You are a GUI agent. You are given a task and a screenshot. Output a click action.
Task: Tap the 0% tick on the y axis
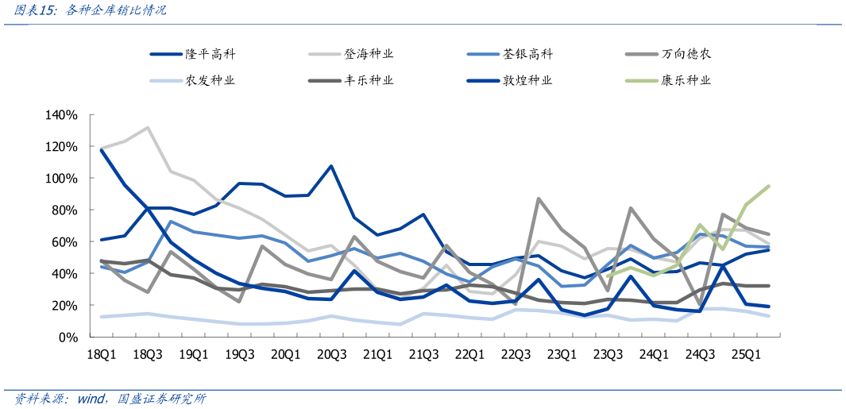pyautogui.click(x=68, y=337)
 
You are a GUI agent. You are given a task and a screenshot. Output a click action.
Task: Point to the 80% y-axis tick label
pyautogui.click(x=64, y=210)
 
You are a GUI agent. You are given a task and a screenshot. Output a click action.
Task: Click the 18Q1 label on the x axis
pyautogui.click(x=102, y=355)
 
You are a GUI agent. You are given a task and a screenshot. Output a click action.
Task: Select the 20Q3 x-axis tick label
pyautogui.click(x=332, y=355)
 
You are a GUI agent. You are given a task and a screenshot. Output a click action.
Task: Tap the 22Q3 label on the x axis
pyautogui.click(x=516, y=355)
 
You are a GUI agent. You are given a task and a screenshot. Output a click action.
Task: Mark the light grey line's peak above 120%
pyautogui.click(x=148, y=127)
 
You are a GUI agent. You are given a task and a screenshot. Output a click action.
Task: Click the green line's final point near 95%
pyautogui.click(x=769, y=186)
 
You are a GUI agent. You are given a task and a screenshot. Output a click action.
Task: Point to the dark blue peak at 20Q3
pyautogui.click(x=331, y=166)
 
